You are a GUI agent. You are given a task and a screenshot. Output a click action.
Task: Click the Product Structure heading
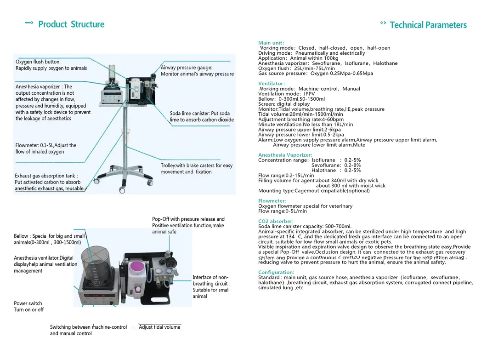point(71,24)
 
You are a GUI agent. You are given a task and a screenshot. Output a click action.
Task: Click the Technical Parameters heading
point(428,25)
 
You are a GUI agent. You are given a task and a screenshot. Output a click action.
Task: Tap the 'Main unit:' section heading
point(271,43)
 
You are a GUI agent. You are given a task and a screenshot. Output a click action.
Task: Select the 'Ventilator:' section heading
point(272,84)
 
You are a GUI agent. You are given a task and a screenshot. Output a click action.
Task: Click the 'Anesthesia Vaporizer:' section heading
point(285,155)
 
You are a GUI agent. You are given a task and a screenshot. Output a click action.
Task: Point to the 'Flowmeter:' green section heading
point(272,201)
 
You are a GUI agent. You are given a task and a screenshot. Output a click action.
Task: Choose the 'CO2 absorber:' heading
point(276,222)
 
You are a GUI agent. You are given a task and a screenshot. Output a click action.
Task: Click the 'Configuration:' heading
point(276,273)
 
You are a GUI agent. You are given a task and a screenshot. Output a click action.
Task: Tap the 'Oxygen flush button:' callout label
point(38,62)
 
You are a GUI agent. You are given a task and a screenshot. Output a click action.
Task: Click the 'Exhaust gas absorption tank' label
point(46,176)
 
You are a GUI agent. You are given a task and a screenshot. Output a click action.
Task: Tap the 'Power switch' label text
point(28,303)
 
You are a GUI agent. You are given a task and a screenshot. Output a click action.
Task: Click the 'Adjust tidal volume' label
point(159,327)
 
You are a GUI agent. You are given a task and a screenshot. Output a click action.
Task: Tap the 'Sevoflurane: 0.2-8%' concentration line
point(336,165)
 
